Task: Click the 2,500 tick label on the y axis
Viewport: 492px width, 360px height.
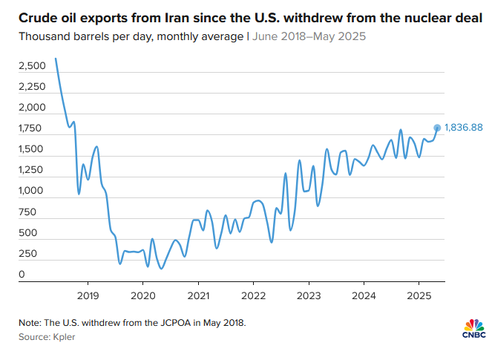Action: coord(32,67)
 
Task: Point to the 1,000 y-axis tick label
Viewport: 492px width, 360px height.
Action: coord(32,191)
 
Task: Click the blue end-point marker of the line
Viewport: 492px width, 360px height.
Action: coord(437,128)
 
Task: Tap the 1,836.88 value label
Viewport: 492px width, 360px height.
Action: coord(464,128)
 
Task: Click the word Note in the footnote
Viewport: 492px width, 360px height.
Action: coord(30,322)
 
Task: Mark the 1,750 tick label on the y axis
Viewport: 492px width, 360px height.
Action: coord(32,128)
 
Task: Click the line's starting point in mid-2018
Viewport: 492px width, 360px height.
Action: coord(56,59)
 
